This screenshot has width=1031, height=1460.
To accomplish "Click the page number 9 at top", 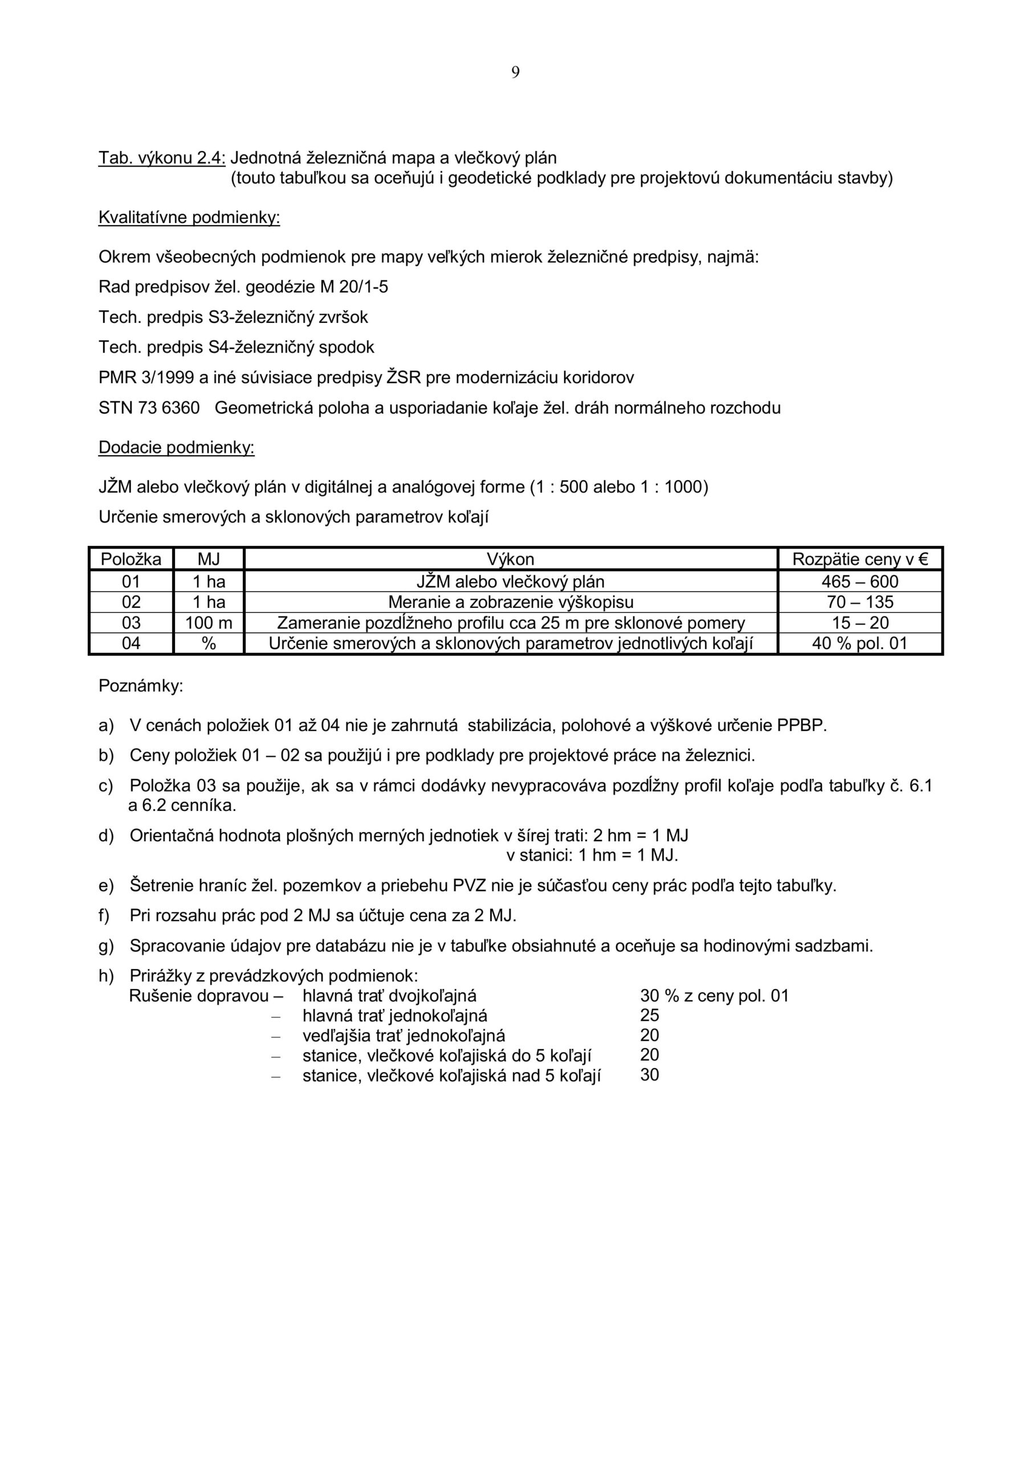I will (515, 73).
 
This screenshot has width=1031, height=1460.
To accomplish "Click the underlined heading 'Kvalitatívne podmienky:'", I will (189, 218).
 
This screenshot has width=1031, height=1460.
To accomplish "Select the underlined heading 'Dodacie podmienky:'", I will (176, 448).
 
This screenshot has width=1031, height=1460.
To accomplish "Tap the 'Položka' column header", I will (131, 559).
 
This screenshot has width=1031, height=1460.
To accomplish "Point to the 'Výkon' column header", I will (511, 559).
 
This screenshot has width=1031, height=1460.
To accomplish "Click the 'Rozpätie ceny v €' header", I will (859, 559).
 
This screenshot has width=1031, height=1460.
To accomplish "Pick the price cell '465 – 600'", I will (859, 581).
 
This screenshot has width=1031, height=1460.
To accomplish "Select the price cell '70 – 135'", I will (859, 602).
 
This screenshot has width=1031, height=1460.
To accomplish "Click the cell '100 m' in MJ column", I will (209, 623).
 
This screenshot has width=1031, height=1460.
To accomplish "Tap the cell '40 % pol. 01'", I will (859, 643).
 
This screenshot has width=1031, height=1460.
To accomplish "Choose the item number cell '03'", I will (131, 623).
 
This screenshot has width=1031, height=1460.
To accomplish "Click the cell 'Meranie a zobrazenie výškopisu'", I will (511, 602).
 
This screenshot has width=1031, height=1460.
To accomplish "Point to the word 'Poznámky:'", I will (140, 686).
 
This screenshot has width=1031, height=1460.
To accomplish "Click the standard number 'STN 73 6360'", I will (149, 408).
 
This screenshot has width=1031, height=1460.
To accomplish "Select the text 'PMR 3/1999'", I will (145, 378).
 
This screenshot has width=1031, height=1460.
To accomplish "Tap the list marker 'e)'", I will (105, 886).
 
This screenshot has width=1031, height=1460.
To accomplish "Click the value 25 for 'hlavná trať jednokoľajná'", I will (650, 1016).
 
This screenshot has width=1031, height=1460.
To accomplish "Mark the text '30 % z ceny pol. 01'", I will (714, 996).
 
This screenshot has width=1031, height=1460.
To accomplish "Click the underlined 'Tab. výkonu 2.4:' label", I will (162, 158).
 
